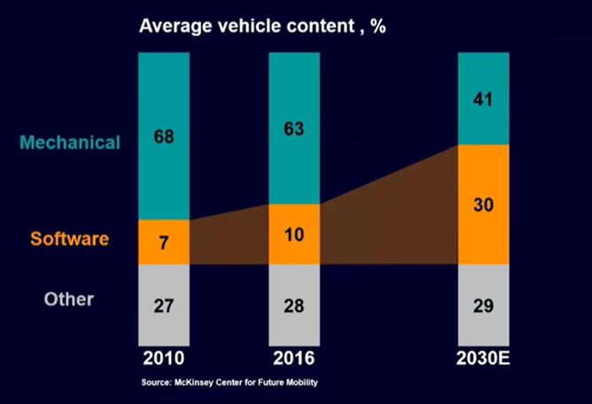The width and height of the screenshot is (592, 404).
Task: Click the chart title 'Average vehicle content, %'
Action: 262,26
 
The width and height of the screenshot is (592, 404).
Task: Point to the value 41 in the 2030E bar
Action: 483,100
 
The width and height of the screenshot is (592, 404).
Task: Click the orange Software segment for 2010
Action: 164,242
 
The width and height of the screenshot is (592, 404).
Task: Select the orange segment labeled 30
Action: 483,205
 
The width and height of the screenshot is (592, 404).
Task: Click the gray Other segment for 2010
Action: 164,306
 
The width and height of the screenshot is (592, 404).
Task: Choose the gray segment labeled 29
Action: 483,306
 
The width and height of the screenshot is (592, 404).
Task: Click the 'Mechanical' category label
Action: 70,143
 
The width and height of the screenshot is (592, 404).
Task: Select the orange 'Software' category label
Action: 69,239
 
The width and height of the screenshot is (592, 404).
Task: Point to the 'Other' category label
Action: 68,299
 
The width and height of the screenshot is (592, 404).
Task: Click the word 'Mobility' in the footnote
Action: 300,384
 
